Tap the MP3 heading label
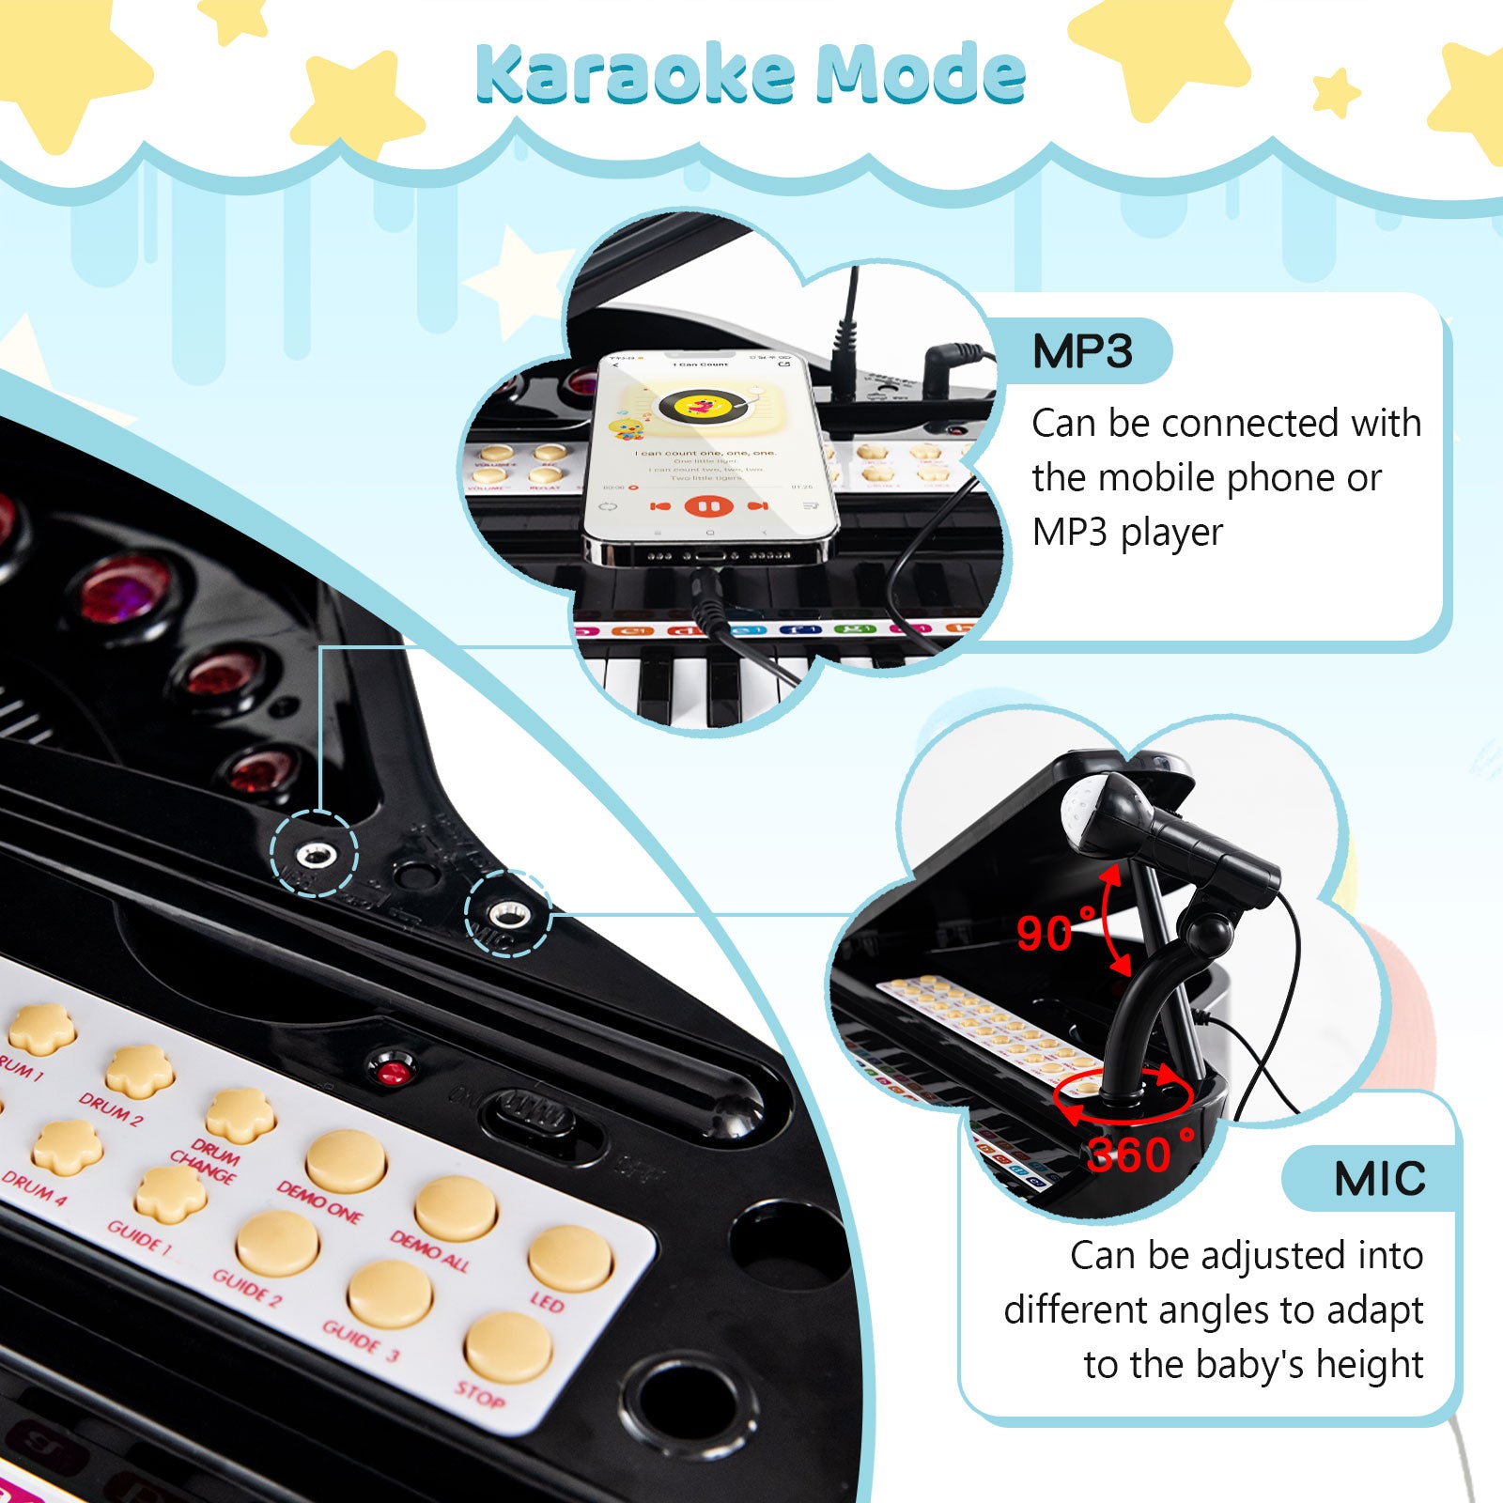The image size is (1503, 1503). (x=1082, y=351)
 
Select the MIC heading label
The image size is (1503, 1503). (x=1379, y=1178)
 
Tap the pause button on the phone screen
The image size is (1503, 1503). (x=708, y=506)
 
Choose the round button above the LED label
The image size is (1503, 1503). (x=569, y=1259)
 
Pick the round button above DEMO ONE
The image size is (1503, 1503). (x=346, y=1161)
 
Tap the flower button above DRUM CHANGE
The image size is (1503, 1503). (x=240, y=1115)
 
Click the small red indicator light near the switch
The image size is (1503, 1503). (x=394, y=1071)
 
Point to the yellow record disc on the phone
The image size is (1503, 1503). (x=700, y=407)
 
